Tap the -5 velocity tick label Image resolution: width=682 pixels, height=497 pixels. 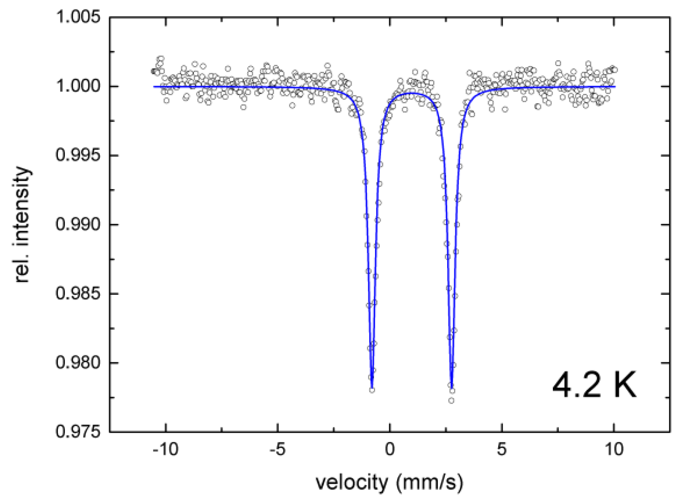pos(277,449)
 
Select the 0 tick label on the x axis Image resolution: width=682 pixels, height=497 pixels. pos(390,449)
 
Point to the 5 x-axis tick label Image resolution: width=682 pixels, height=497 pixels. pos(502,449)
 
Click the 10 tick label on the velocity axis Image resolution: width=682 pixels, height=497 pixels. pos(614,449)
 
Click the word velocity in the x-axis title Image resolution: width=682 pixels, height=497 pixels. pos(352,482)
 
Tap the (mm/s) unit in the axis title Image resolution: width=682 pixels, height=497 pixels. pos(429,482)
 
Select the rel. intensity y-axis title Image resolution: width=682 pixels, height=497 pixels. pos(23,225)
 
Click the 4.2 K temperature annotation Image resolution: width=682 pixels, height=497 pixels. pos(594,385)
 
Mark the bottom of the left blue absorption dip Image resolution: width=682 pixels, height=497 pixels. pos(372,387)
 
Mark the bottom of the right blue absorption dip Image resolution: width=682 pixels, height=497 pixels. pos(451,387)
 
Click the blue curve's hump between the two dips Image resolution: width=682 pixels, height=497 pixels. pos(411,93)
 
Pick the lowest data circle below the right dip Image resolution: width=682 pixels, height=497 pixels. pos(451,401)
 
